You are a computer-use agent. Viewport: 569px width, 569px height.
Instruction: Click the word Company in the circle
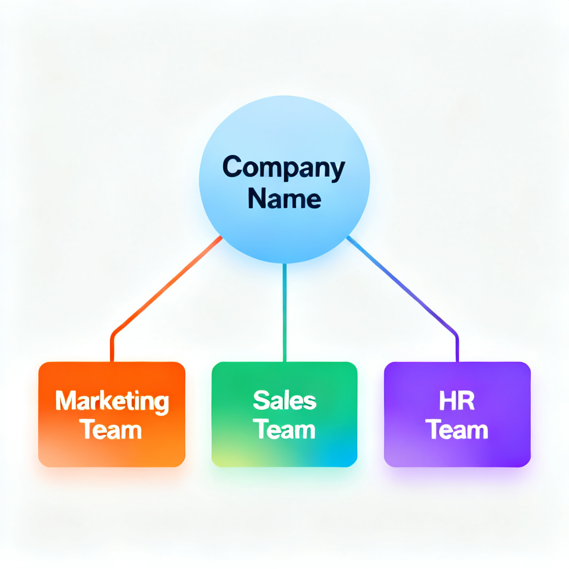(284, 168)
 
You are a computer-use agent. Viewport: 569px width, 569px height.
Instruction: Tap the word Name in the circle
(284, 198)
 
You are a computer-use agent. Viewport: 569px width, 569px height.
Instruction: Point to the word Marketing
(112, 402)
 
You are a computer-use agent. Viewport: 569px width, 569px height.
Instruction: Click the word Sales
(284, 401)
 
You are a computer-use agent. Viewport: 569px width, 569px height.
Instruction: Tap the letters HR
(457, 401)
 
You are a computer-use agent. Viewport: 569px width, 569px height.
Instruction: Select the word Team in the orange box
(111, 430)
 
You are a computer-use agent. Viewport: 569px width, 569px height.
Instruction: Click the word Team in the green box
(284, 430)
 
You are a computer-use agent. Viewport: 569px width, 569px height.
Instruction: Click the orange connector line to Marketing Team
(167, 286)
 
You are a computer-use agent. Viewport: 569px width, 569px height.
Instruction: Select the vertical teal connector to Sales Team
(284, 311)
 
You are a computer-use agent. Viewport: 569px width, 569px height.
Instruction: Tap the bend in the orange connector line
(114, 335)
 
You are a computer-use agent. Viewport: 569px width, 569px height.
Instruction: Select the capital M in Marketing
(65, 401)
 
